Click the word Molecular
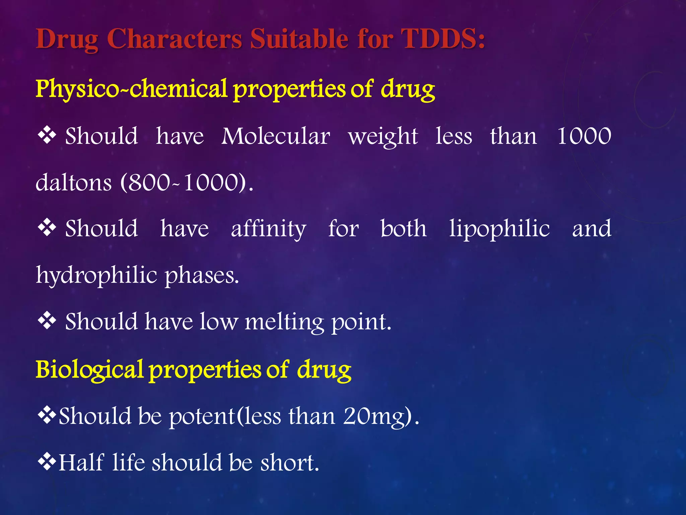pyautogui.click(x=276, y=136)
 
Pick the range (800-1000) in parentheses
pyautogui.click(x=187, y=183)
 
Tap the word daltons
pyautogui.click(x=74, y=183)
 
